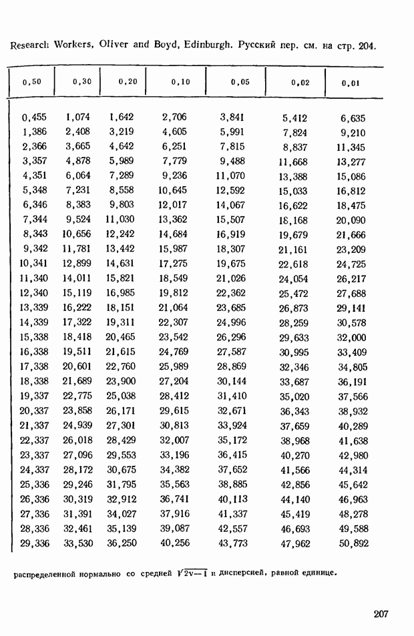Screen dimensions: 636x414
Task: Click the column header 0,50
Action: [32, 82]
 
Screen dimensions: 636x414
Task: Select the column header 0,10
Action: [180, 82]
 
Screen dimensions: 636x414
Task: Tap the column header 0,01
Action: [351, 83]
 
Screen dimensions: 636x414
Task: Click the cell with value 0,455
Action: [34, 117]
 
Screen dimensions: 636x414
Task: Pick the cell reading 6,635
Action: [353, 118]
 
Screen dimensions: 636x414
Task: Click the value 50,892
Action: [353, 544]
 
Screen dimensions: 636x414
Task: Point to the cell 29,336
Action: [35, 543]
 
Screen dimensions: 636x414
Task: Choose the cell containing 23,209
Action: [351, 250]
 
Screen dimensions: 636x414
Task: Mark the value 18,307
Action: [230, 249]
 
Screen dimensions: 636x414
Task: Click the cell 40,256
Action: [174, 543]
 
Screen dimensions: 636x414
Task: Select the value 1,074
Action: [77, 117]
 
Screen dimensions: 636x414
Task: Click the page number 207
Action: [381, 615]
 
